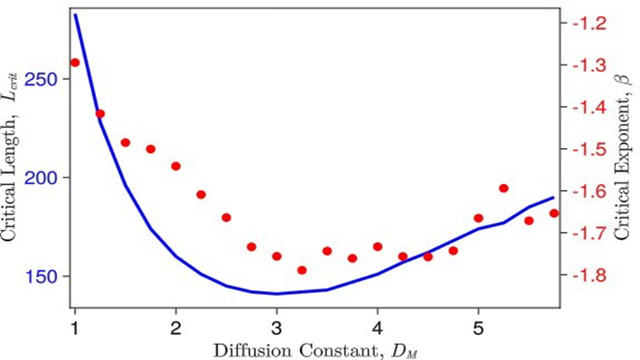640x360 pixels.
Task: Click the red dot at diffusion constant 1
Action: click(x=75, y=62)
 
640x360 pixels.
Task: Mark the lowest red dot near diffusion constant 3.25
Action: click(x=302, y=270)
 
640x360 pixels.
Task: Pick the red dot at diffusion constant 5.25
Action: click(x=504, y=188)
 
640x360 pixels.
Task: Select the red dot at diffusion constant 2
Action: click(x=176, y=166)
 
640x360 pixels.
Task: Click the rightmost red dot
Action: click(x=554, y=214)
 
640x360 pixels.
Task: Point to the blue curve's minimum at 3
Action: click(x=277, y=294)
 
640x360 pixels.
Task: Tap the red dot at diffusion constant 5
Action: click(x=479, y=218)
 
